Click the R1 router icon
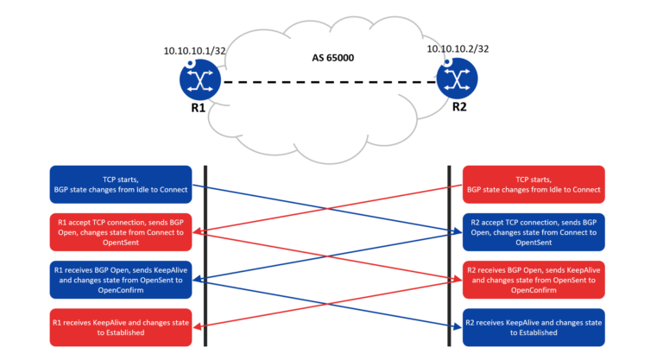pyautogui.click(x=201, y=81)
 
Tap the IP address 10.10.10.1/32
pyautogui.click(x=196, y=50)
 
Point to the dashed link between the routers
pyautogui.click(x=328, y=82)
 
